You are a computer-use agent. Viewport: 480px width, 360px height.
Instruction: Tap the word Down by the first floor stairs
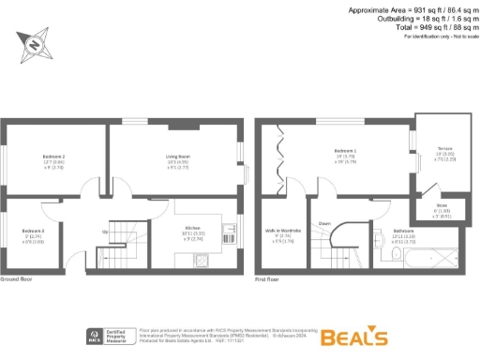(x=324, y=224)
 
